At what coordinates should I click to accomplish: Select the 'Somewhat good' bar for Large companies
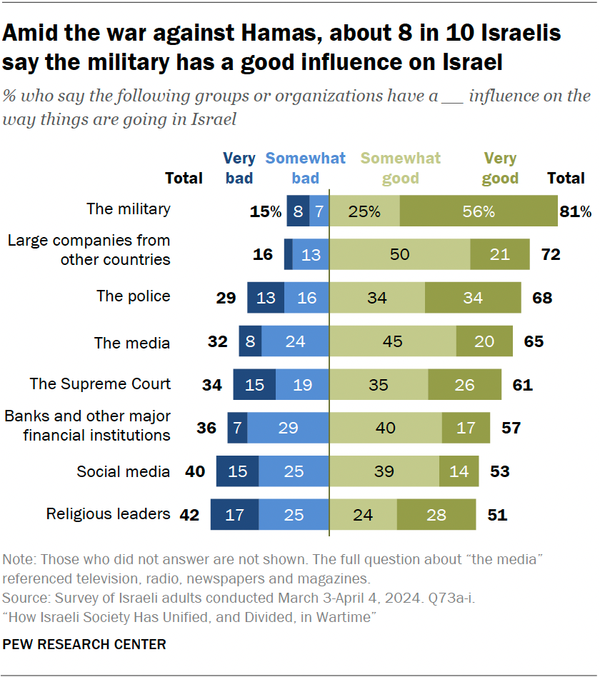[399, 254]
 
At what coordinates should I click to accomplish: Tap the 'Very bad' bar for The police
[266, 298]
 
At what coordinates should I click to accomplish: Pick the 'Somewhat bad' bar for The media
[295, 341]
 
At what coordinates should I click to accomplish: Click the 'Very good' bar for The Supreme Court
[464, 385]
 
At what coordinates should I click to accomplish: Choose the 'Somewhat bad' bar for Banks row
[288, 428]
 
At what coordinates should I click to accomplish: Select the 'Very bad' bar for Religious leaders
[234, 515]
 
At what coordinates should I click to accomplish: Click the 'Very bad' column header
[239, 168]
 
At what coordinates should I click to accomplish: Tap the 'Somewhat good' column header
[401, 168]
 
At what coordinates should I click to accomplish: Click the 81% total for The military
[576, 211]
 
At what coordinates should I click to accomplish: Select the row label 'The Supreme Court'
[100, 383]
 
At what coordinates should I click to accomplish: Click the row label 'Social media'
[124, 471]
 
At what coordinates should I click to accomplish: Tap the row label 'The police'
[134, 296]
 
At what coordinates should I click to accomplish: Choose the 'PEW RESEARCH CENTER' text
[84, 644]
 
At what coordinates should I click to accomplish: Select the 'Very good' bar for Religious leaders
[436, 515]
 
